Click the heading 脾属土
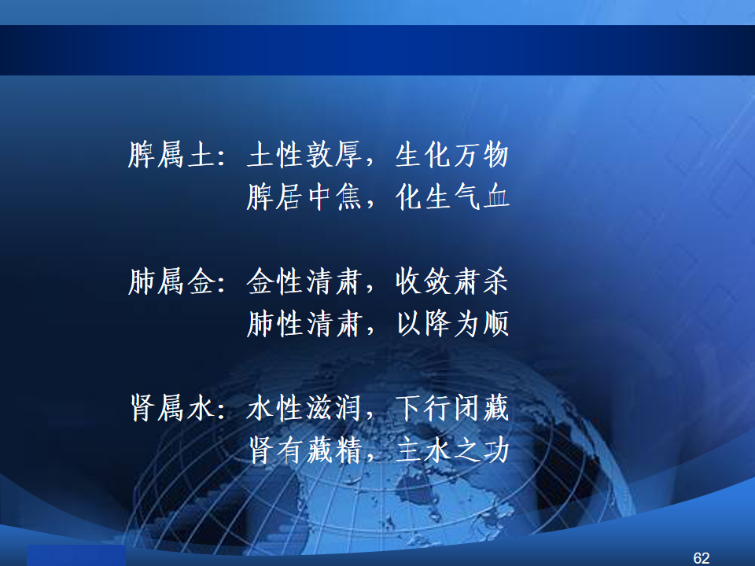pyautogui.click(x=171, y=155)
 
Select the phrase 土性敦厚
pyautogui.click(x=304, y=155)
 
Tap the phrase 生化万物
pyautogui.click(x=451, y=155)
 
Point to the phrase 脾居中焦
pyautogui.click(x=304, y=197)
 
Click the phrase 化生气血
pyautogui.click(x=452, y=197)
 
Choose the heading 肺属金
pyautogui.click(x=171, y=281)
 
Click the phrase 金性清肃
pyautogui.click(x=304, y=281)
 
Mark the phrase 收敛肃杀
pyautogui.click(x=451, y=281)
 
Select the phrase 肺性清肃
pyautogui.click(x=304, y=323)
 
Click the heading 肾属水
pyautogui.click(x=172, y=408)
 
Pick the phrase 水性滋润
pyautogui.click(x=304, y=408)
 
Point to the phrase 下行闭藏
pyautogui.click(x=451, y=408)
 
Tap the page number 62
pyautogui.click(x=702, y=558)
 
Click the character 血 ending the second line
pyautogui.click(x=496, y=197)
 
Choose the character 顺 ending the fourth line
pyautogui.click(x=496, y=323)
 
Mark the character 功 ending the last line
pyautogui.click(x=496, y=450)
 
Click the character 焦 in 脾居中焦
pyautogui.click(x=348, y=197)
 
